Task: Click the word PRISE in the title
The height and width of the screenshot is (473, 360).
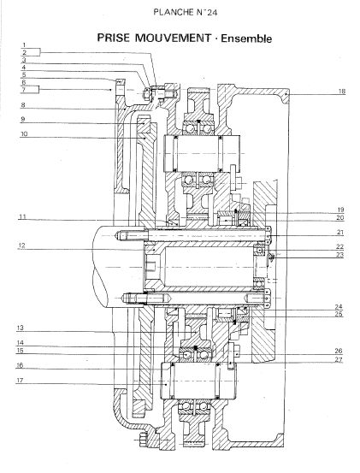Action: tap(114, 38)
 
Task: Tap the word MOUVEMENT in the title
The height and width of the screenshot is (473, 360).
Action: tap(173, 38)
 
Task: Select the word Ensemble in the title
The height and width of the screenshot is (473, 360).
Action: tap(246, 38)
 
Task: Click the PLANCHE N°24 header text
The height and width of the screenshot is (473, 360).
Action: tap(185, 12)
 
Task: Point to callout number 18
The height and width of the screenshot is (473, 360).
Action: tap(341, 91)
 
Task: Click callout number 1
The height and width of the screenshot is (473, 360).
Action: tap(25, 45)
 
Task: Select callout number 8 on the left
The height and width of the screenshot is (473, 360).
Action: tap(23, 105)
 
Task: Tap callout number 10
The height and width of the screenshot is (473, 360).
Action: tap(24, 133)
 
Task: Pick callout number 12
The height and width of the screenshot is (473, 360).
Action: tap(21, 245)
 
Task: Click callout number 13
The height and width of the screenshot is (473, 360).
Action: tap(21, 328)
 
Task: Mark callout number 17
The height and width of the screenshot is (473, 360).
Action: tap(20, 380)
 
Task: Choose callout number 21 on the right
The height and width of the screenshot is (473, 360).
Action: tap(340, 232)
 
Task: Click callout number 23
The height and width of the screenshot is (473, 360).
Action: tap(340, 255)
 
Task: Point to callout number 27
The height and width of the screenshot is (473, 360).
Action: tap(339, 359)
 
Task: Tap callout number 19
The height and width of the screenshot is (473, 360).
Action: tap(340, 210)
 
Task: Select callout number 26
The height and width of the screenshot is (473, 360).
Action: tap(339, 351)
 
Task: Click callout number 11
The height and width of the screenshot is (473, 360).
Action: tap(22, 216)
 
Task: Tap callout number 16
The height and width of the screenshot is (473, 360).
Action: tap(20, 365)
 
